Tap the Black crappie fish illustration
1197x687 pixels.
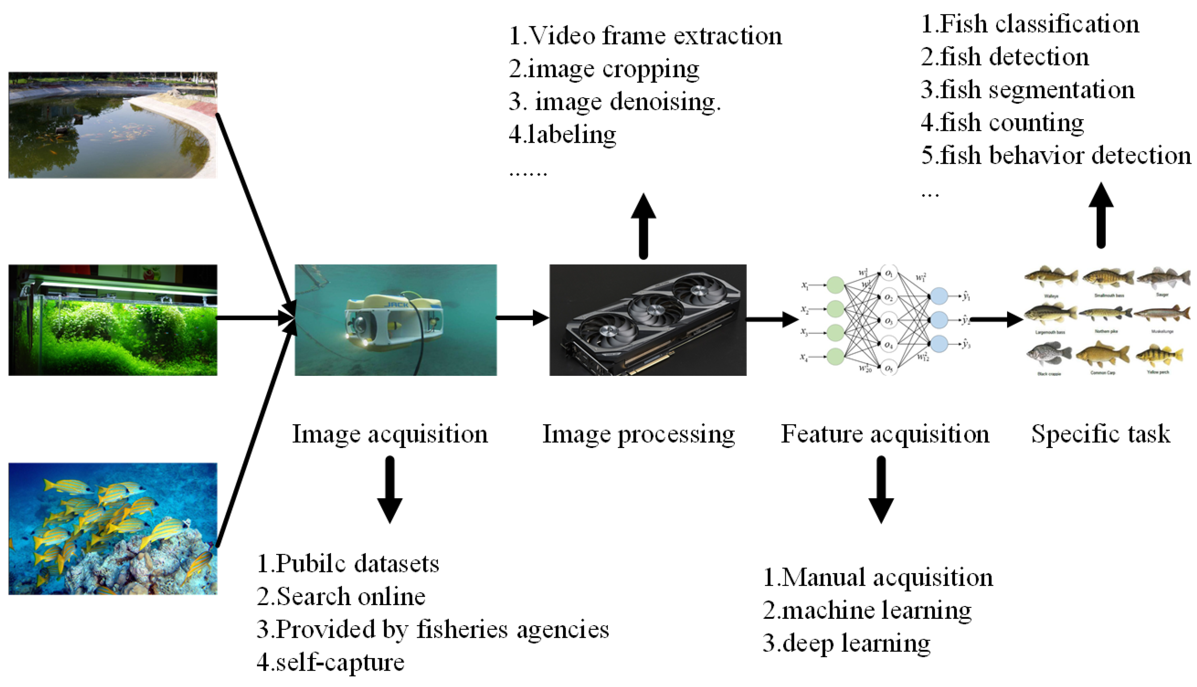1049,355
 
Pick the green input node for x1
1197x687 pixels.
835,285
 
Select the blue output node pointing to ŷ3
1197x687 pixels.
939,343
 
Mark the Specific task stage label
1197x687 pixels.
1101,434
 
